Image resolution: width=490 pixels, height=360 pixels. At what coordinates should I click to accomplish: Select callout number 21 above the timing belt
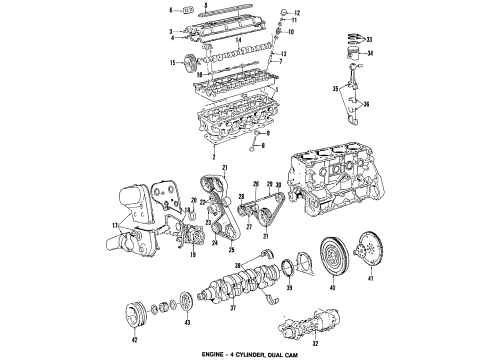[x=226, y=166]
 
